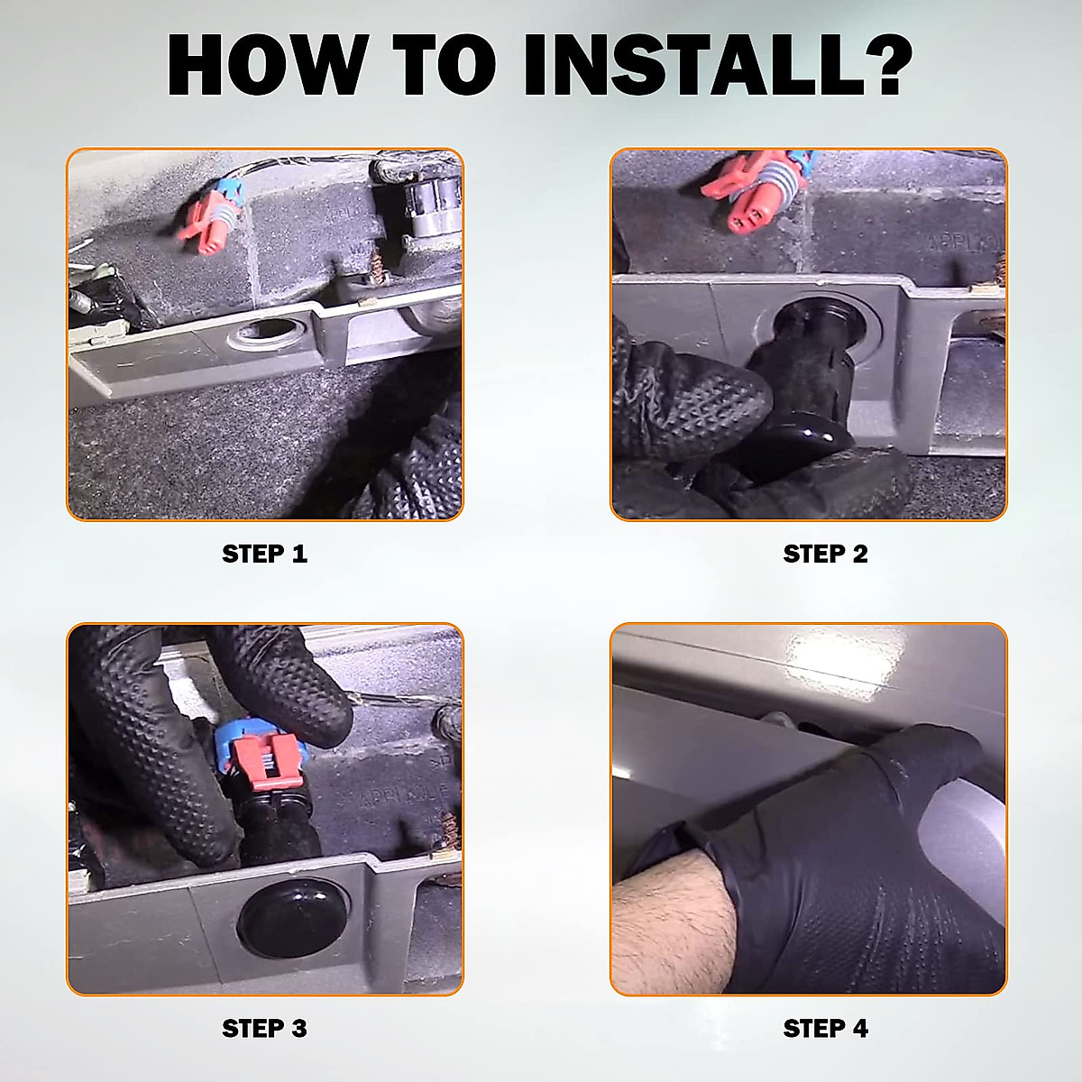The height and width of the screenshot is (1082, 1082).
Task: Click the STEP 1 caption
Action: coord(264,554)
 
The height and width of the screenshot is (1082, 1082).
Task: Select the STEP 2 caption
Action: coord(825,554)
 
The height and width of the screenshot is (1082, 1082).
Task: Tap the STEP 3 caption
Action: coord(264,1029)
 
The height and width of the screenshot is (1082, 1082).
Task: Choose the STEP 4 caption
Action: coord(825,1029)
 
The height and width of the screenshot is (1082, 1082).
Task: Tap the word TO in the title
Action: coord(445,65)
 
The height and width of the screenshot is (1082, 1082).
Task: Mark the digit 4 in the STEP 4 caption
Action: coord(860,1029)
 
